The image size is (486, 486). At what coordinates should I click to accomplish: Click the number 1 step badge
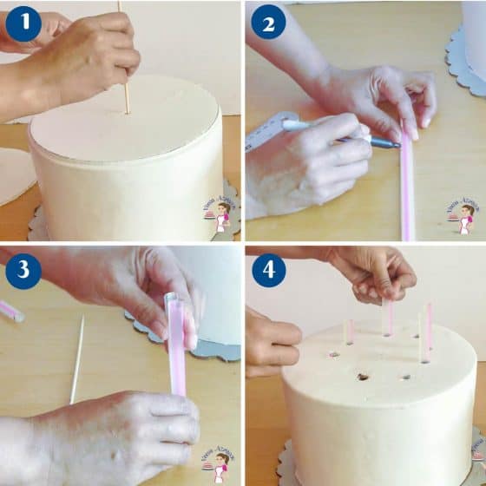point(23,23)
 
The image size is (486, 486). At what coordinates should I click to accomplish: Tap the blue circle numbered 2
point(268,23)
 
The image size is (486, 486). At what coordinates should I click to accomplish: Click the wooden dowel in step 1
point(124,95)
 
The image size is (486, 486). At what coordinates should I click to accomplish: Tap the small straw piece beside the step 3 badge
point(10,310)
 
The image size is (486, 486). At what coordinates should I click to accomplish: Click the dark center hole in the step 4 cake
point(363,378)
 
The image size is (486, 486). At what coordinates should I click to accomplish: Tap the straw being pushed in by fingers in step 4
point(387,317)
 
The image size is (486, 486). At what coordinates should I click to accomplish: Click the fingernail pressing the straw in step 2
point(410,132)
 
